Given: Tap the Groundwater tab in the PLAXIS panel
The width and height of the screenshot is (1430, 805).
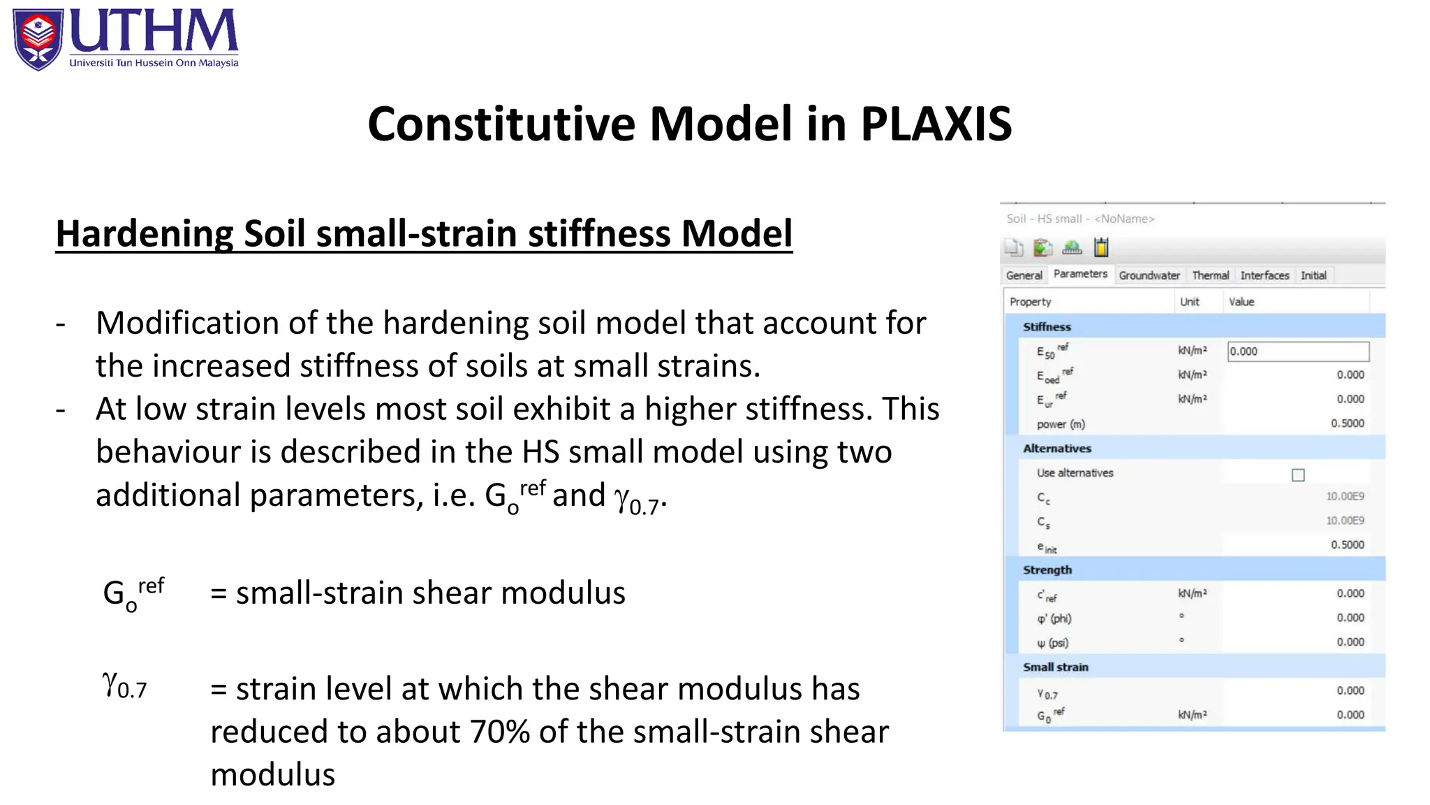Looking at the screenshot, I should click(1149, 275).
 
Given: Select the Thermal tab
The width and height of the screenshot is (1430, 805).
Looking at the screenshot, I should click(1210, 275).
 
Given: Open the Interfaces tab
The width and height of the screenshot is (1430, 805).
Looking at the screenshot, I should click(1265, 275).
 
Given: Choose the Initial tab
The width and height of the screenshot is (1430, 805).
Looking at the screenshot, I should click(1313, 275).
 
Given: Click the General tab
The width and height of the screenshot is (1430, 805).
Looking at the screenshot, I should click(1024, 275).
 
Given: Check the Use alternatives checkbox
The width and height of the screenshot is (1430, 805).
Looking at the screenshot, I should click(1298, 475).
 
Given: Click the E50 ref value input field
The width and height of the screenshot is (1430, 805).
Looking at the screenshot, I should click(1298, 351).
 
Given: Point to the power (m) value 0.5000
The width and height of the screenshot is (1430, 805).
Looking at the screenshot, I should click(1347, 423).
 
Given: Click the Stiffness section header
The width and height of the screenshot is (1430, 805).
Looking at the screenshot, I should click(1047, 326).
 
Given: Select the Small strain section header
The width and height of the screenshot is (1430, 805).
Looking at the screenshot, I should click(1055, 667).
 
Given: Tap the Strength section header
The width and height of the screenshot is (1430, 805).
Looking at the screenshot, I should click(1047, 570).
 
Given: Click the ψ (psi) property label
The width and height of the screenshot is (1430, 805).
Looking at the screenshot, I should click(1052, 643).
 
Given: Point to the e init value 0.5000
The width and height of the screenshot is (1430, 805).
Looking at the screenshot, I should click(1347, 545).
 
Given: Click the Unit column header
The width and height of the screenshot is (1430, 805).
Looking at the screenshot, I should click(1189, 302).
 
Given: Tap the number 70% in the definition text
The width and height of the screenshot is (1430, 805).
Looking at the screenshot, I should click(499, 732).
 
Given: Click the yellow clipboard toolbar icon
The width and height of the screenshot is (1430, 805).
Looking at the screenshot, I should click(1101, 247).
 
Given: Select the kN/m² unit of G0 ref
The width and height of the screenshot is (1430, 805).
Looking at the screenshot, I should click(1192, 715).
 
